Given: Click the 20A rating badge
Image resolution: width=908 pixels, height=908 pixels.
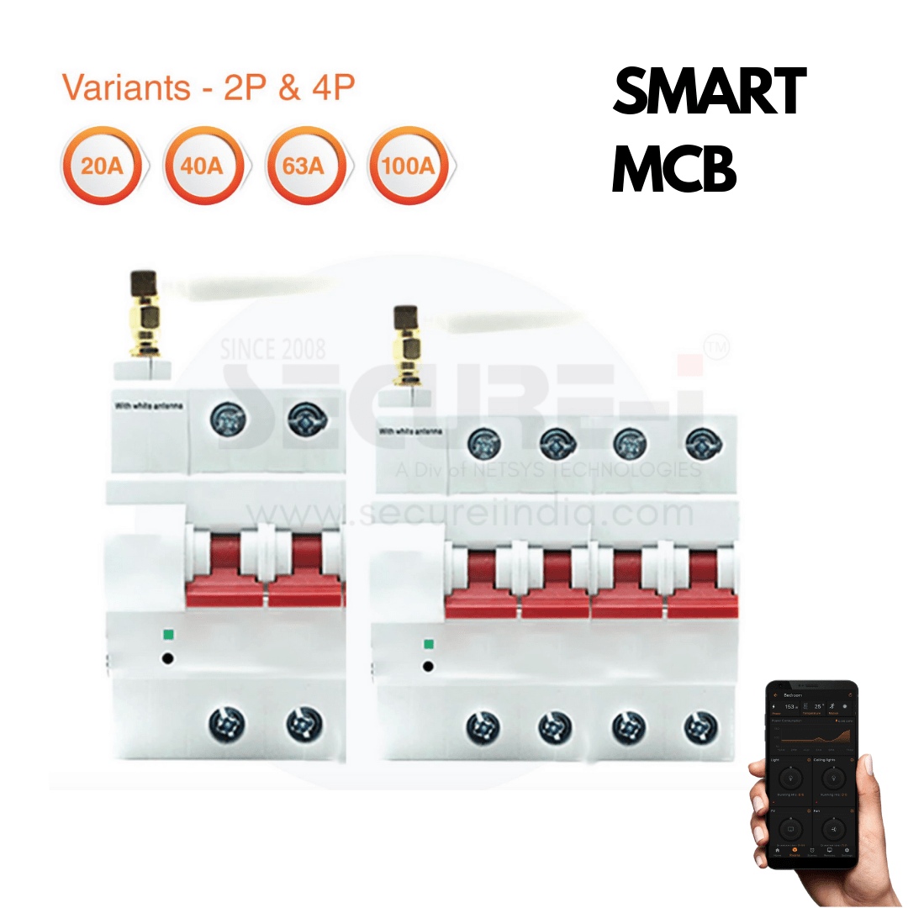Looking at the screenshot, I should click(102, 165).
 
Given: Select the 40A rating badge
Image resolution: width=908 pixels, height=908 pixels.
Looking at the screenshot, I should click(203, 165).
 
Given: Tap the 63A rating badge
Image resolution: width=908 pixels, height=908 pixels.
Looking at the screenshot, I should click(304, 165).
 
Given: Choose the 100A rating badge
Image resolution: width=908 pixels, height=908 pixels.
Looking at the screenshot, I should click(408, 165).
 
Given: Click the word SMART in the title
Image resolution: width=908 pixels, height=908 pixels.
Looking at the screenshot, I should click(709, 92).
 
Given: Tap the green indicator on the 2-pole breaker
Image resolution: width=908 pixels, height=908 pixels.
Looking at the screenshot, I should click(168, 636).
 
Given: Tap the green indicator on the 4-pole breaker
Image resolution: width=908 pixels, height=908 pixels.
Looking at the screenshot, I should click(429, 645).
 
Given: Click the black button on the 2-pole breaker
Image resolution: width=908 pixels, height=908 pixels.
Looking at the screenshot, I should click(167, 658).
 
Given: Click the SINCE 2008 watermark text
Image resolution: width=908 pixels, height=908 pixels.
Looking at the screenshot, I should click(273, 349).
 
